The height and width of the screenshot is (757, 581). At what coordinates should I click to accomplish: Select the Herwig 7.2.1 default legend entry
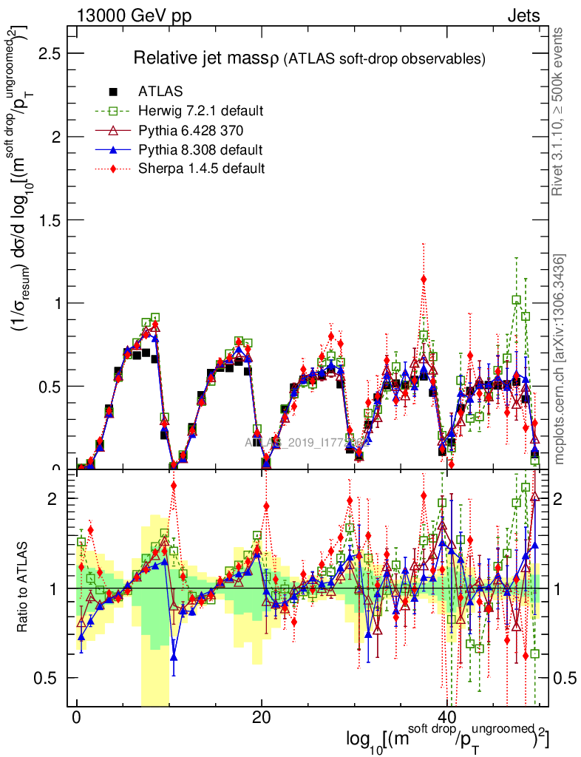tap(200, 112)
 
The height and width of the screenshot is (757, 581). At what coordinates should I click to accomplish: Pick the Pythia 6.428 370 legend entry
tap(195, 131)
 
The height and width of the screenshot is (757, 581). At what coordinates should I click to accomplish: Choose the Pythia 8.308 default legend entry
tap(200, 150)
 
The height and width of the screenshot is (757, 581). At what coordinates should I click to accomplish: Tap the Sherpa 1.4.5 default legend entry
tap(201, 169)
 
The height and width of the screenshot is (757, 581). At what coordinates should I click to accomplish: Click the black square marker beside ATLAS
tap(113, 92)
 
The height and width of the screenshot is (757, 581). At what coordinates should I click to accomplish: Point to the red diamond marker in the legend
tap(113, 169)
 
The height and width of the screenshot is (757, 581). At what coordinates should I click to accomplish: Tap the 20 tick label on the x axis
tap(261, 717)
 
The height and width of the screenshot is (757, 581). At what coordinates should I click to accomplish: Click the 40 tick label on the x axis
tap(446, 717)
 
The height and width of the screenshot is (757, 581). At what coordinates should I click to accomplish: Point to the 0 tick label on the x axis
tap(76, 717)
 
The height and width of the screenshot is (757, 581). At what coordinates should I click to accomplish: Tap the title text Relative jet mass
tap(205, 58)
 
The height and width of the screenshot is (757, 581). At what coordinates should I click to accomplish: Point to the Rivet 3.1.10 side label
tap(560, 111)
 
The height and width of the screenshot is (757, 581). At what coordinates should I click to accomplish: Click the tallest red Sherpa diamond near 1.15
tap(424, 279)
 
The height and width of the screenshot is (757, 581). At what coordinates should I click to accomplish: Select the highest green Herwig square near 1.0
tap(516, 299)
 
